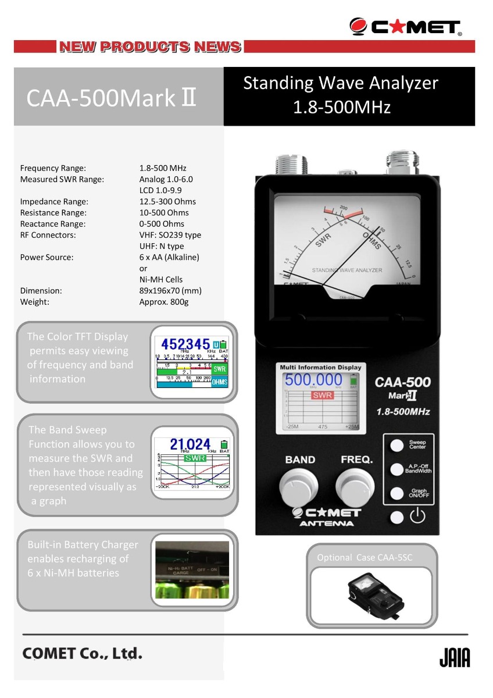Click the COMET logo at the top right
click(x=406, y=26)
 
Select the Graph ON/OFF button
click(x=397, y=494)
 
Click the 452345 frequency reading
click(x=185, y=343)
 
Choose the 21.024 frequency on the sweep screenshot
click(x=190, y=444)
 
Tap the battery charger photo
click(x=192, y=570)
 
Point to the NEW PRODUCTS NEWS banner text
click(x=149, y=47)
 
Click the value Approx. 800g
click(x=164, y=302)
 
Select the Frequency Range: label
click(x=53, y=168)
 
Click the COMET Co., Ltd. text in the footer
click(x=82, y=653)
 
